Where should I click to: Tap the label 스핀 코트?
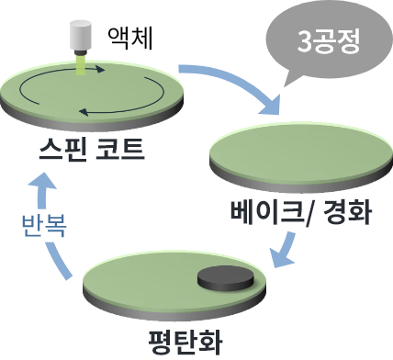click(92, 148)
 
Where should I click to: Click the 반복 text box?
click(42, 225)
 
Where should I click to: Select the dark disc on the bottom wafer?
click(225, 277)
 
